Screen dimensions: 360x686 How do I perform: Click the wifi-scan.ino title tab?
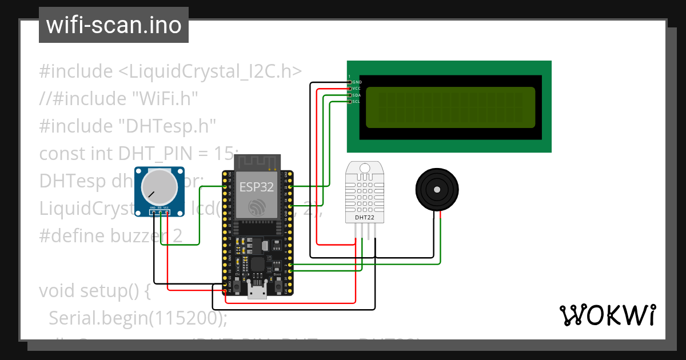click(x=113, y=26)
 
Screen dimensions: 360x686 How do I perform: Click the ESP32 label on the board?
click(x=256, y=186)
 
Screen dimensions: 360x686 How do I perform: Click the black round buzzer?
click(x=437, y=189)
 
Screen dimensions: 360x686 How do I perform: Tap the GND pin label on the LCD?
click(x=357, y=82)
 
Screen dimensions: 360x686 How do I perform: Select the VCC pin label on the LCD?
click(x=357, y=89)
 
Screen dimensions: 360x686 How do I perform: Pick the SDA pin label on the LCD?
click(x=357, y=95)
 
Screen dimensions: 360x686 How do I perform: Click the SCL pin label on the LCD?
click(x=357, y=101)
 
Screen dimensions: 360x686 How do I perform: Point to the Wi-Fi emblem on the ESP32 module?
click(x=256, y=206)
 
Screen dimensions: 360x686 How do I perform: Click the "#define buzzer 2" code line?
click(x=110, y=236)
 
